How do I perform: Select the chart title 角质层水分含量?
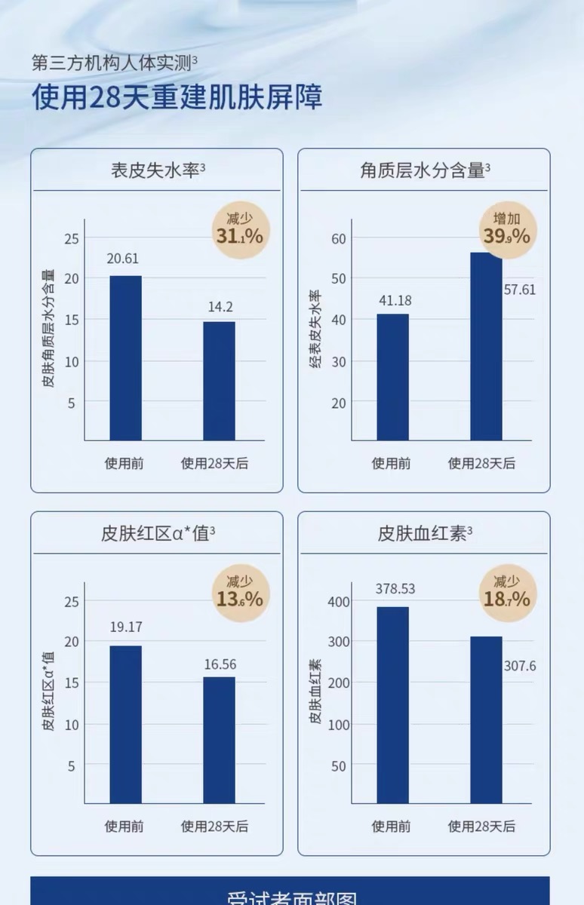pyautogui.click(x=423, y=170)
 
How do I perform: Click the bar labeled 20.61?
pyautogui.click(x=125, y=357)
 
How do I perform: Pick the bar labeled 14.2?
pyautogui.click(x=219, y=381)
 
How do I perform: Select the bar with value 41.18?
pyautogui.click(x=392, y=377)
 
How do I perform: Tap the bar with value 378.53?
pyautogui.click(x=392, y=704)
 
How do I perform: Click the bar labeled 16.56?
pyautogui.click(x=219, y=739)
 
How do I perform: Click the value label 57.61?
pyautogui.click(x=519, y=289)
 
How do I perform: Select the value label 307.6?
pyautogui.click(x=519, y=666)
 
